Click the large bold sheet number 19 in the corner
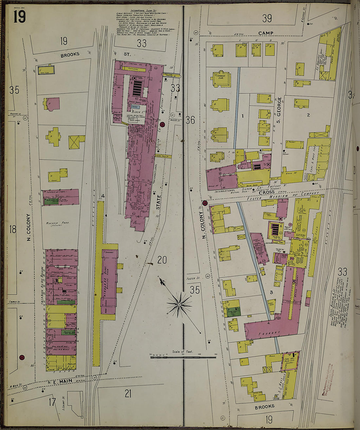pos(20,16)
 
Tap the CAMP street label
pos(265,33)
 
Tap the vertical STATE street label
pos(158,202)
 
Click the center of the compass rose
pos(179,305)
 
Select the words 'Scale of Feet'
pos(183,352)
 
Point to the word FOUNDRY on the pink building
pos(270,333)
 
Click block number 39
pos(267,18)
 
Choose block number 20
pos(162,260)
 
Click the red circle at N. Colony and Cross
pos(205,203)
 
